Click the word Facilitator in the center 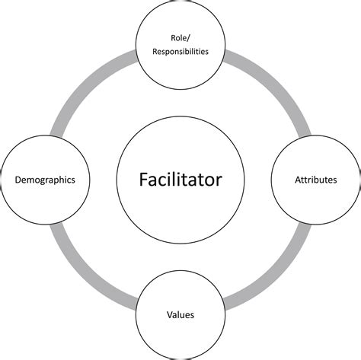coord(180,180)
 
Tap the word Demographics coord(50,180)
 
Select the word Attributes coord(315,180)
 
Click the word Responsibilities coord(180,53)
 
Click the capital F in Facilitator coord(142,180)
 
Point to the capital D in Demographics coord(18,180)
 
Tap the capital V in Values coord(168,314)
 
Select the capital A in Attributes coord(297,180)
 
